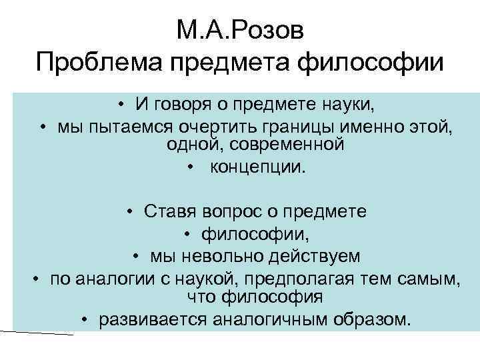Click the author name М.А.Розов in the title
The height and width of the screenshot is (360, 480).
(240, 31)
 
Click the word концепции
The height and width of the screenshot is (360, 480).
(257, 166)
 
